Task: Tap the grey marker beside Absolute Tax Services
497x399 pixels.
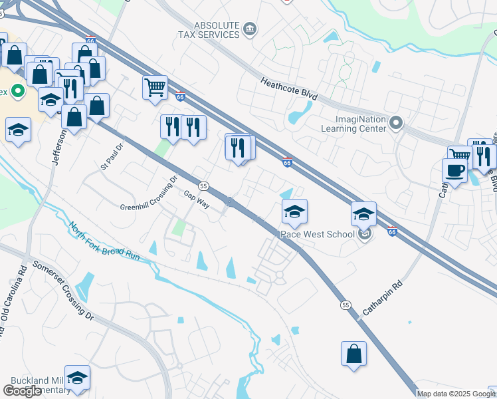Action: pyautogui.click(x=250, y=28)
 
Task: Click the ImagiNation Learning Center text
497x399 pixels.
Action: pyautogui.click(x=353, y=123)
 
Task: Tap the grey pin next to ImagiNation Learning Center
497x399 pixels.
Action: pyautogui.click(x=397, y=122)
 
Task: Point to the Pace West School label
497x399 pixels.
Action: pyautogui.click(x=317, y=234)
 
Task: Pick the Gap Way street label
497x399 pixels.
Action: pyautogui.click(x=197, y=200)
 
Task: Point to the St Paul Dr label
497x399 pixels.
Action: pyautogui.click(x=112, y=156)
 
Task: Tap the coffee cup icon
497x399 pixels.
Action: pyautogui.click(x=454, y=170)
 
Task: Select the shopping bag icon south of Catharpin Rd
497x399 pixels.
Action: pyautogui.click(x=354, y=353)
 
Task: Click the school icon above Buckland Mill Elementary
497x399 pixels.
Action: pyautogui.click(x=78, y=377)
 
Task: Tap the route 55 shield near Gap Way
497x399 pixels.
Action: pyautogui.click(x=203, y=186)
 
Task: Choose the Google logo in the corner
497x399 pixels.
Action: pyautogui.click(x=22, y=391)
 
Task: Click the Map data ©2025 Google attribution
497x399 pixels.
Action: pyautogui.click(x=456, y=394)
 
